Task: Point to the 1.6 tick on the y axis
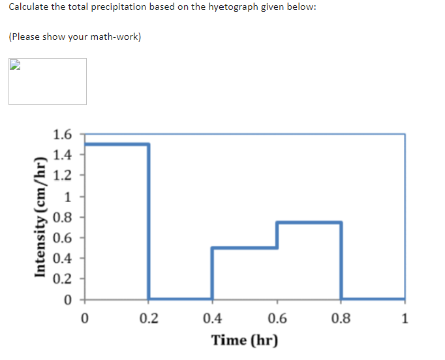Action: click(63, 135)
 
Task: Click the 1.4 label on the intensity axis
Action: click(63, 155)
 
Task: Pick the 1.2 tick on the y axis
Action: click(63, 175)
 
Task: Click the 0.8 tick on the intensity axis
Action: click(63, 217)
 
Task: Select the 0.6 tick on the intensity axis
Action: click(63, 237)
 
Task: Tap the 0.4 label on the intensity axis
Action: click(63, 258)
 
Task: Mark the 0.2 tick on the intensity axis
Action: click(63, 278)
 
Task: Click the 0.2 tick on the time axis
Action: click(148, 319)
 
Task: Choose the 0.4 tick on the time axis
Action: click(212, 319)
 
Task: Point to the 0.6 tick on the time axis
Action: click(277, 319)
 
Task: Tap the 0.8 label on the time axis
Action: click(341, 319)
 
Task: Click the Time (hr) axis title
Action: click(244, 340)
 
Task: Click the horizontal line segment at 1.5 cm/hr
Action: click(116, 144)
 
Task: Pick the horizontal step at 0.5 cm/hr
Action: click(245, 247)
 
